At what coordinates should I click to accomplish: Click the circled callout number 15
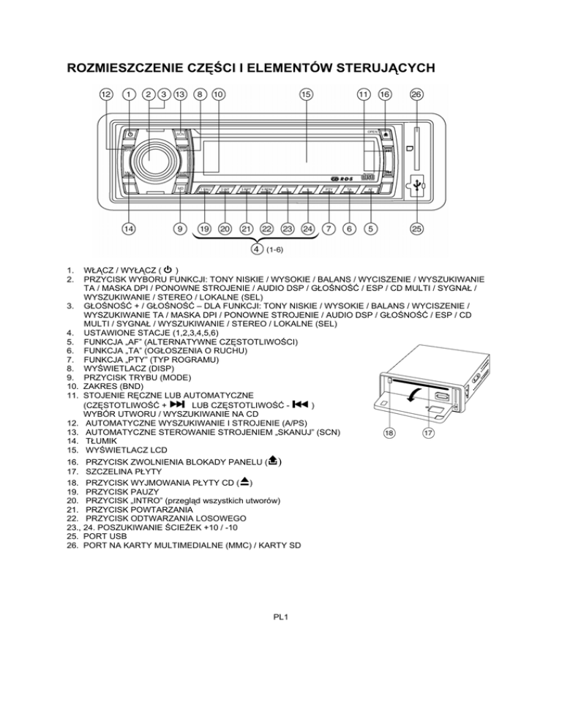305,94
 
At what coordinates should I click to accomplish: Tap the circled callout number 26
416,94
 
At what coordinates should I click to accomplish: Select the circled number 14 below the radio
128,229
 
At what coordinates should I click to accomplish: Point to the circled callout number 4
257,249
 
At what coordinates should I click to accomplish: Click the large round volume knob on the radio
154,158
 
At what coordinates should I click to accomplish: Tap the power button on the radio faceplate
130,135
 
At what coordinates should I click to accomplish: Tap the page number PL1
281,617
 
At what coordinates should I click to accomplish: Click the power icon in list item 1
169,268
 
